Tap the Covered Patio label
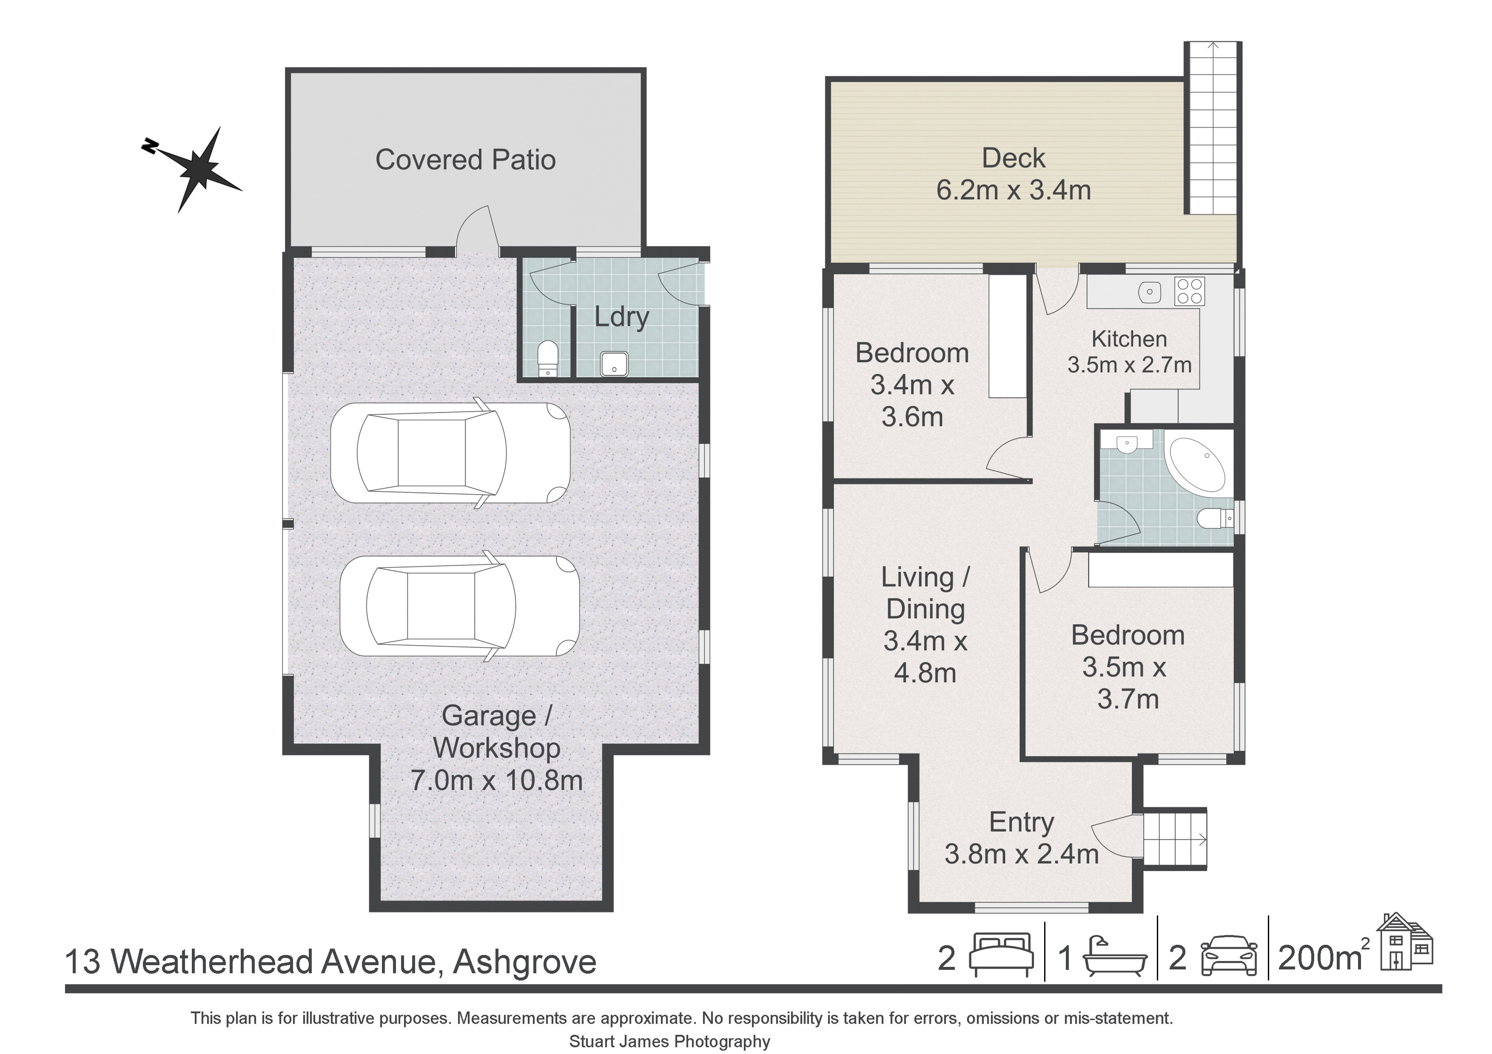click(x=465, y=160)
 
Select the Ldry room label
click(x=622, y=317)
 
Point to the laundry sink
click(x=613, y=364)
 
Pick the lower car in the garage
click(x=459, y=606)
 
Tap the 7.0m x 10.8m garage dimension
click(x=496, y=780)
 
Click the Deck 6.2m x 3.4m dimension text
click(x=1013, y=190)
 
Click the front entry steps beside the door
click(x=1175, y=839)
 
